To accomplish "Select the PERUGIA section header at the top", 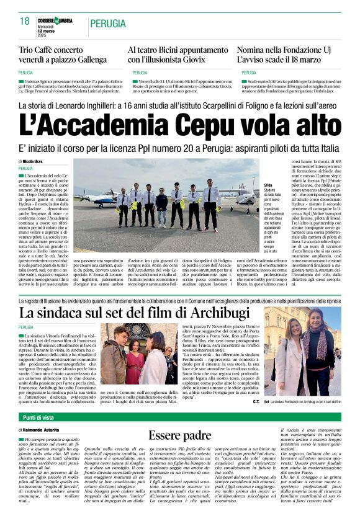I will (x=107, y=24).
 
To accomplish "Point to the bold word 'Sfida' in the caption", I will (x=251, y=185).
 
